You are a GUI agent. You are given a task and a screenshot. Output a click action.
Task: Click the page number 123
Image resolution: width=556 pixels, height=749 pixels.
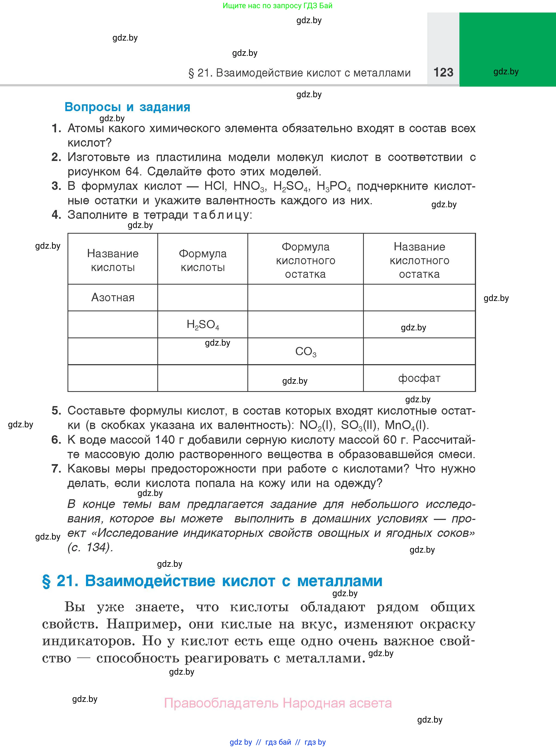pos(443,72)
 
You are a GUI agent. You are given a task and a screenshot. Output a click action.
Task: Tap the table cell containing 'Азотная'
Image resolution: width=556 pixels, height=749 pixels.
pos(113,297)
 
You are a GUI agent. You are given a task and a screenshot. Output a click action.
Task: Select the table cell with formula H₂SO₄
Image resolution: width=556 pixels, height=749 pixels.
pos(202,325)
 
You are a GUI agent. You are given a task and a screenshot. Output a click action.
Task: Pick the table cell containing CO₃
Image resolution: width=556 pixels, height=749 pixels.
pos(306,352)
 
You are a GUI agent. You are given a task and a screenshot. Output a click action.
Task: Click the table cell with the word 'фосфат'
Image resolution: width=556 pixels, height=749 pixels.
pos(419,378)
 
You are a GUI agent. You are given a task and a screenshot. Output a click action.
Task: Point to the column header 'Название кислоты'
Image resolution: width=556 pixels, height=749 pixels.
pos(113,260)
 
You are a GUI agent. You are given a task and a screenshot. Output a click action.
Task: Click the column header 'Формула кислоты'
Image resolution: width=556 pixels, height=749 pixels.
pos(202,260)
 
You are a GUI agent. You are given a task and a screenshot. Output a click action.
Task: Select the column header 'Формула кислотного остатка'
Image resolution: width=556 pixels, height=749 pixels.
pos(306,260)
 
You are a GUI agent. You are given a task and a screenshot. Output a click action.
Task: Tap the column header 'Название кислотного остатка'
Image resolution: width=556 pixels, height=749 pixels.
pos(419,260)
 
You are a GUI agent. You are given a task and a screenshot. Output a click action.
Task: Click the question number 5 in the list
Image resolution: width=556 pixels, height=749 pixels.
pos(56,410)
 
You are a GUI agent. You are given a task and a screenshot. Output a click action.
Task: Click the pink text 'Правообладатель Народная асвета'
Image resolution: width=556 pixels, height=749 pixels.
pos(278,703)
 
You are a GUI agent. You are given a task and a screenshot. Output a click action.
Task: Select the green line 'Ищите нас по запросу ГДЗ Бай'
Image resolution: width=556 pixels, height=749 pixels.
pos(277,6)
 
